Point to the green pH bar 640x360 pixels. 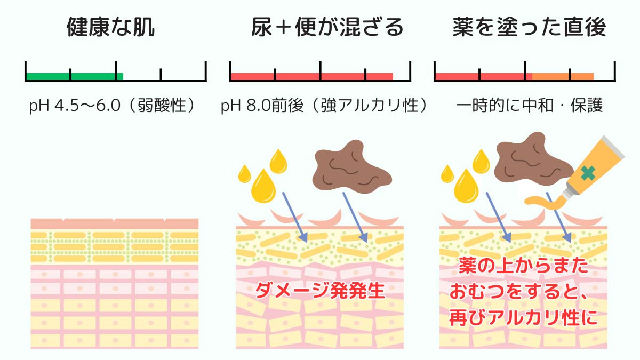(x=75, y=76)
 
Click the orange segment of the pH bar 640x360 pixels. (x=563, y=76)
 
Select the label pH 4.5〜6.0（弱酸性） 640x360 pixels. (x=111, y=106)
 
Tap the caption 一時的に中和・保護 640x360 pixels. (x=530, y=106)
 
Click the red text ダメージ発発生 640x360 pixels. (x=320, y=291)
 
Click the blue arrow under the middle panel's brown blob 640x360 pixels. (x=354, y=216)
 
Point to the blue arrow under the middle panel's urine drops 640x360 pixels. (x=293, y=216)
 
